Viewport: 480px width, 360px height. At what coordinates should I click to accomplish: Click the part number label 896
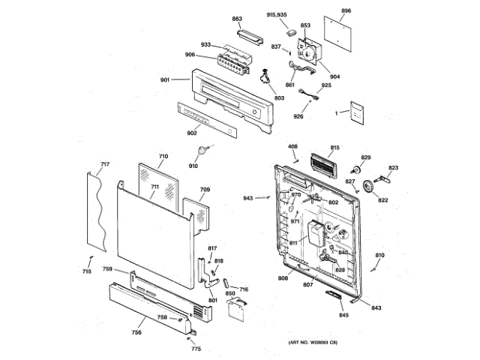tap(346, 11)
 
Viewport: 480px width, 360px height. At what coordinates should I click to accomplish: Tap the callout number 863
tap(237, 18)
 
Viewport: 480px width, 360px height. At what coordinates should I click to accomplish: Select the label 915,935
tap(277, 15)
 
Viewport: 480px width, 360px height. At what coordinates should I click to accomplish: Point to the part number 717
tap(105, 163)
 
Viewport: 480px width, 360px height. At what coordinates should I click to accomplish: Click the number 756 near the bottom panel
tap(137, 332)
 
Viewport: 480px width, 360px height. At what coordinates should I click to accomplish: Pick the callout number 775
tap(196, 349)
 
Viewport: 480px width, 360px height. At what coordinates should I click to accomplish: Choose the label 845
tap(343, 315)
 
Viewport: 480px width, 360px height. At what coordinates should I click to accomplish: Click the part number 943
tap(247, 198)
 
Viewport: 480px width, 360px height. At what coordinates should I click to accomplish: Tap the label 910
tap(193, 165)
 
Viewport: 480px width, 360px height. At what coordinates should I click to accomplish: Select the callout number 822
tap(382, 200)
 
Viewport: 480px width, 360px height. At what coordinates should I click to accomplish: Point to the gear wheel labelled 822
tap(368, 187)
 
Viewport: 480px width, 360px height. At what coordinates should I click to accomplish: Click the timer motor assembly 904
tap(309, 52)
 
